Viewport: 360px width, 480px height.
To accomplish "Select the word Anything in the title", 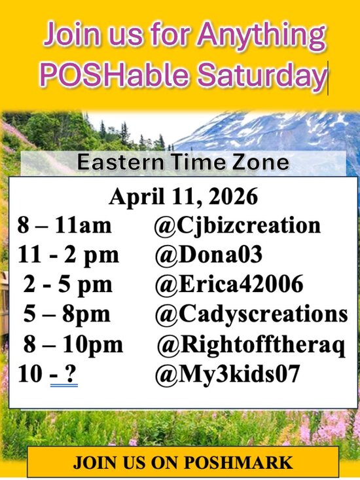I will tap(263, 33).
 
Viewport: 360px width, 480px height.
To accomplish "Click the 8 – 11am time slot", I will tap(64, 226).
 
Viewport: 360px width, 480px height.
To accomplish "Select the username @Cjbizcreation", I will tap(238, 226).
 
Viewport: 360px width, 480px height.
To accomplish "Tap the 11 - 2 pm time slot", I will tap(64, 255).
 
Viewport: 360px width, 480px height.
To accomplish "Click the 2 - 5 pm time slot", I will tap(68, 285).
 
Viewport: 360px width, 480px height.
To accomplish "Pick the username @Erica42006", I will tap(229, 285).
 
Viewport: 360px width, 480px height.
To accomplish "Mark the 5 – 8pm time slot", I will tap(67, 314).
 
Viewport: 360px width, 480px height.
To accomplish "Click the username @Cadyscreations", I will tap(251, 314).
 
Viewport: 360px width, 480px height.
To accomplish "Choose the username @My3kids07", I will tap(227, 375).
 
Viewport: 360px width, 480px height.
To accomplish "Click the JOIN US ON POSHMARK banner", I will tap(183, 462).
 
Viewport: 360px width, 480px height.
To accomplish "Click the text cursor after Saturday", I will tap(327, 77).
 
